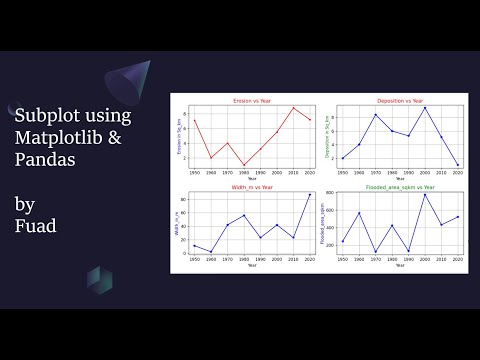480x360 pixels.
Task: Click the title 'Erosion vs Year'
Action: [x=252, y=101]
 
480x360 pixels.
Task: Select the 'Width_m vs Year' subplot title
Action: [x=252, y=187]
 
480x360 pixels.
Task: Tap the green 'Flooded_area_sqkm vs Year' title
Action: [x=399, y=187]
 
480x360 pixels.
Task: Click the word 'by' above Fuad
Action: [x=24, y=204]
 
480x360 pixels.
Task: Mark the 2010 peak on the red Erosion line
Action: [x=294, y=108]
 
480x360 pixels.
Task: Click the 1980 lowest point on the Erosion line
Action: [x=244, y=165]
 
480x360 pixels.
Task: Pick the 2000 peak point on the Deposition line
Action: [x=425, y=108]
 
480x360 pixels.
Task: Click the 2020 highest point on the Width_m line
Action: [x=310, y=194]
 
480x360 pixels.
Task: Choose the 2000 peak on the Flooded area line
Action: [x=425, y=194]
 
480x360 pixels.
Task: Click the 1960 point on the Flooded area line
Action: [x=359, y=213]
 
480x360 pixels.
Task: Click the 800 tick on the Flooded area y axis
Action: [x=333, y=193]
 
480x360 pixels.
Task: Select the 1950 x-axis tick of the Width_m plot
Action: [x=195, y=257]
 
